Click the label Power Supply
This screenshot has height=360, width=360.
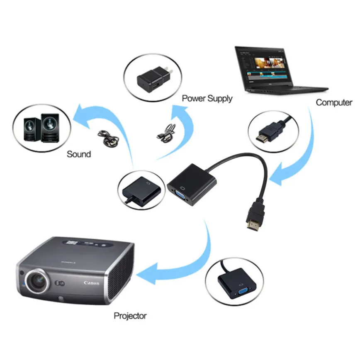point(207,99)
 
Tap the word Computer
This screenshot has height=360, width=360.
point(334,102)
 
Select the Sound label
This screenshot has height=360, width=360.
point(79,154)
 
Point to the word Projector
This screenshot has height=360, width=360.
point(130,316)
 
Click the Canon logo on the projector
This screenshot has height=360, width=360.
point(91,283)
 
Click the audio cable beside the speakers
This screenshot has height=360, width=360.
point(109,139)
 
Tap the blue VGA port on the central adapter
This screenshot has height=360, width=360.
point(179,195)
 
